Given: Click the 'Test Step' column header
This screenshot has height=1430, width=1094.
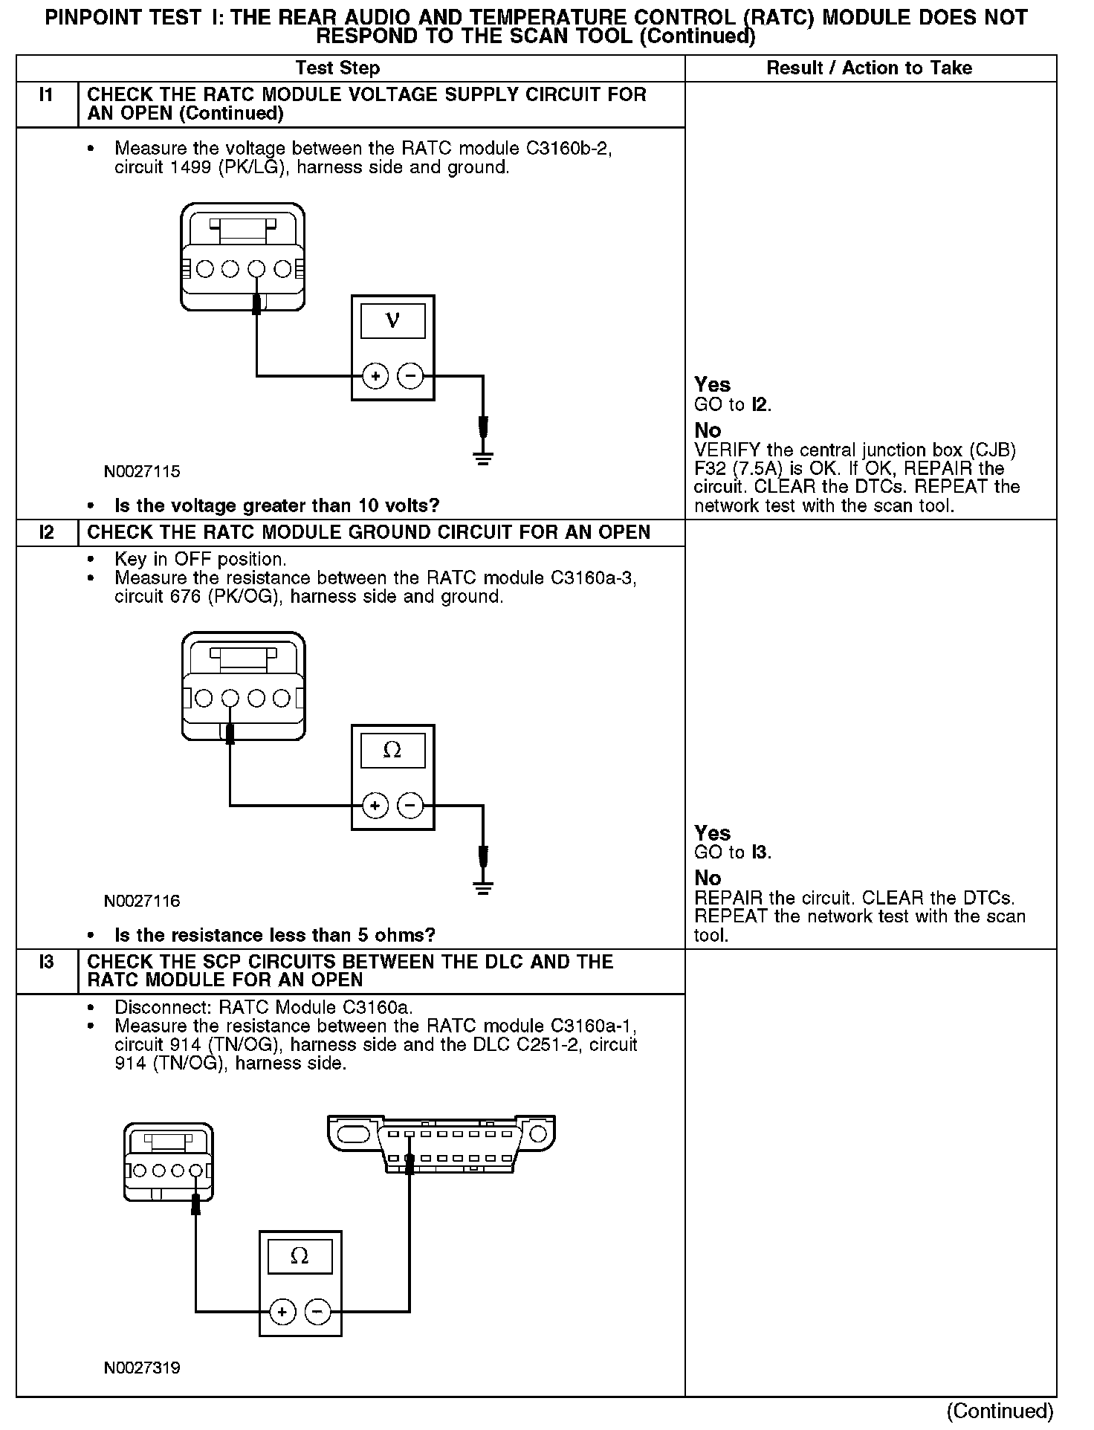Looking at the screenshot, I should [337, 68].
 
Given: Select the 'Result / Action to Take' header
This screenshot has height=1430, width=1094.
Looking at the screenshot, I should [869, 68].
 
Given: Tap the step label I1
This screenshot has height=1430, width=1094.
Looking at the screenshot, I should [46, 95].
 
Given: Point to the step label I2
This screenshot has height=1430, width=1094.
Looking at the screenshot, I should [46, 532].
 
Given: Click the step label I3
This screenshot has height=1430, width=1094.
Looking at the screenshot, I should [46, 962].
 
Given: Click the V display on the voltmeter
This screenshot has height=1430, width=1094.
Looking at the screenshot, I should [392, 322].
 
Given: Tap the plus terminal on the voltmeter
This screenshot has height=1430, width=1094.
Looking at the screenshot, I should [375, 376].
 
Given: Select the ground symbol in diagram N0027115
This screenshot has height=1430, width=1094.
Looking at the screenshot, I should [483, 456].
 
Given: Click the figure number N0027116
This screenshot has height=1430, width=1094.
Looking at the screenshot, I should [142, 901].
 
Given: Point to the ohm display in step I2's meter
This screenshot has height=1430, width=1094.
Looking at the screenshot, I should [392, 751].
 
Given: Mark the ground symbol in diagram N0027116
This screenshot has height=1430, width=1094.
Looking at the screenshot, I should [483, 886].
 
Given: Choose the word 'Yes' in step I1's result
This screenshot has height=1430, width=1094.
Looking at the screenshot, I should [712, 385].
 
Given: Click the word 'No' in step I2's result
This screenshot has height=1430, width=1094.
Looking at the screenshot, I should [708, 879].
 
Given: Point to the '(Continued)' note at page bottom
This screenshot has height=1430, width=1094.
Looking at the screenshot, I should [1000, 1411].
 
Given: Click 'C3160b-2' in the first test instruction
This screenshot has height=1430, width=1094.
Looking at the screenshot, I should [569, 149].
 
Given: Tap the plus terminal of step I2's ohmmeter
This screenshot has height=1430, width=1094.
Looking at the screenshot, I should [375, 805].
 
